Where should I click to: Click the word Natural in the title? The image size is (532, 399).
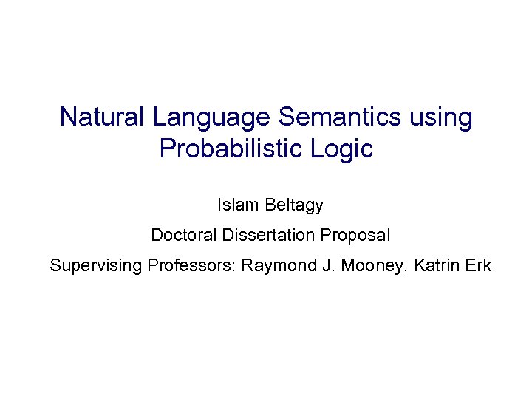click(x=103, y=117)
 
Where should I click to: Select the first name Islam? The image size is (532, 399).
click(x=235, y=205)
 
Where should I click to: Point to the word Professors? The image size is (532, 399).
click(x=188, y=266)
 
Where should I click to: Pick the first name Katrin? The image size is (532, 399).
click(x=437, y=266)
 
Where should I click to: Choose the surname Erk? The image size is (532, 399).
click(x=477, y=266)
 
